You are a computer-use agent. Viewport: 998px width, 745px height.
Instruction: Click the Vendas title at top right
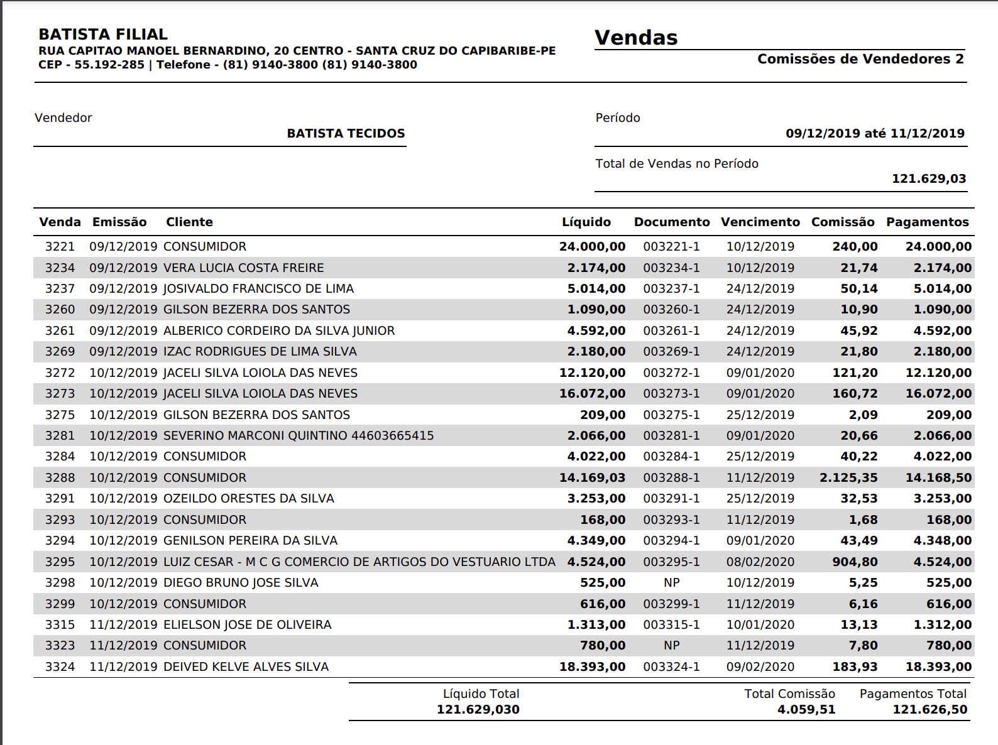pyautogui.click(x=636, y=38)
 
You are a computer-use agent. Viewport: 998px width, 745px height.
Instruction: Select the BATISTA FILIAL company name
pyautogui.click(x=103, y=35)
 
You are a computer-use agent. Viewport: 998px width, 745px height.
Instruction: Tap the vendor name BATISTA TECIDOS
pyautogui.click(x=346, y=133)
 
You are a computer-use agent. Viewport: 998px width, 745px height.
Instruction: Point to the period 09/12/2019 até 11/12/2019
pyautogui.click(x=875, y=133)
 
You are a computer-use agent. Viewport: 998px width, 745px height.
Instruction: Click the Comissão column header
pyautogui.click(x=843, y=222)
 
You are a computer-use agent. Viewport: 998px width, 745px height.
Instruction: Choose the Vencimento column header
pyautogui.click(x=760, y=222)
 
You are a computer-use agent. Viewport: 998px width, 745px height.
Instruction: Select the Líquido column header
pyautogui.click(x=586, y=222)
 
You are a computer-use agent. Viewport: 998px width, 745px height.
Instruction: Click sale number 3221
pyautogui.click(x=60, y=246)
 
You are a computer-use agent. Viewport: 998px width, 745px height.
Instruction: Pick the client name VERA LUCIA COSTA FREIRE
pyautogui.click(x=244, y=268)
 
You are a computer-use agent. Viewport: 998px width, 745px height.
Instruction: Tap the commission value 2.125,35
pyautogui.click(x=848, y=477)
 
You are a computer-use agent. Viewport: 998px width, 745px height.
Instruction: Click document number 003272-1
pyautogui.click(x=671, y=372)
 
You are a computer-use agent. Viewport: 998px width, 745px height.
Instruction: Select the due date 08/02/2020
pyautogui.click(x=760, y=562)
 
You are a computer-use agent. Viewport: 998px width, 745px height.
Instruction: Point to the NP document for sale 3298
pyautogui.click(x=671, y=582)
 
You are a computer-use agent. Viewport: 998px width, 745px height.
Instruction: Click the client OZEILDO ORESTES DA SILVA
pyautogui.click(x=249, y=498)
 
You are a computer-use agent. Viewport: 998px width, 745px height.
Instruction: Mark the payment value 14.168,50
pyautogui.click(x=938, y=477)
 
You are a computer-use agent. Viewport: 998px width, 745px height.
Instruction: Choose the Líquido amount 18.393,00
pyautogui.click(x=592, y=666)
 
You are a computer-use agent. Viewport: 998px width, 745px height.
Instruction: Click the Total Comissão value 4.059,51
pyautogui.click(x=806, y=709)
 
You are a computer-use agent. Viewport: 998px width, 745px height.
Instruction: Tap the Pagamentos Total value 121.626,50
pyautogui.click(x=930, y=709)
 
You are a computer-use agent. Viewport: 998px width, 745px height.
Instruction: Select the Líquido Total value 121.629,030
pyautogui.click(x=478, y=709)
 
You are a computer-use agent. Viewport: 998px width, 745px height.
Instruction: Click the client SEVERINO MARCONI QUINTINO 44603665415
pyautogui.click(x=299, y=435)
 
